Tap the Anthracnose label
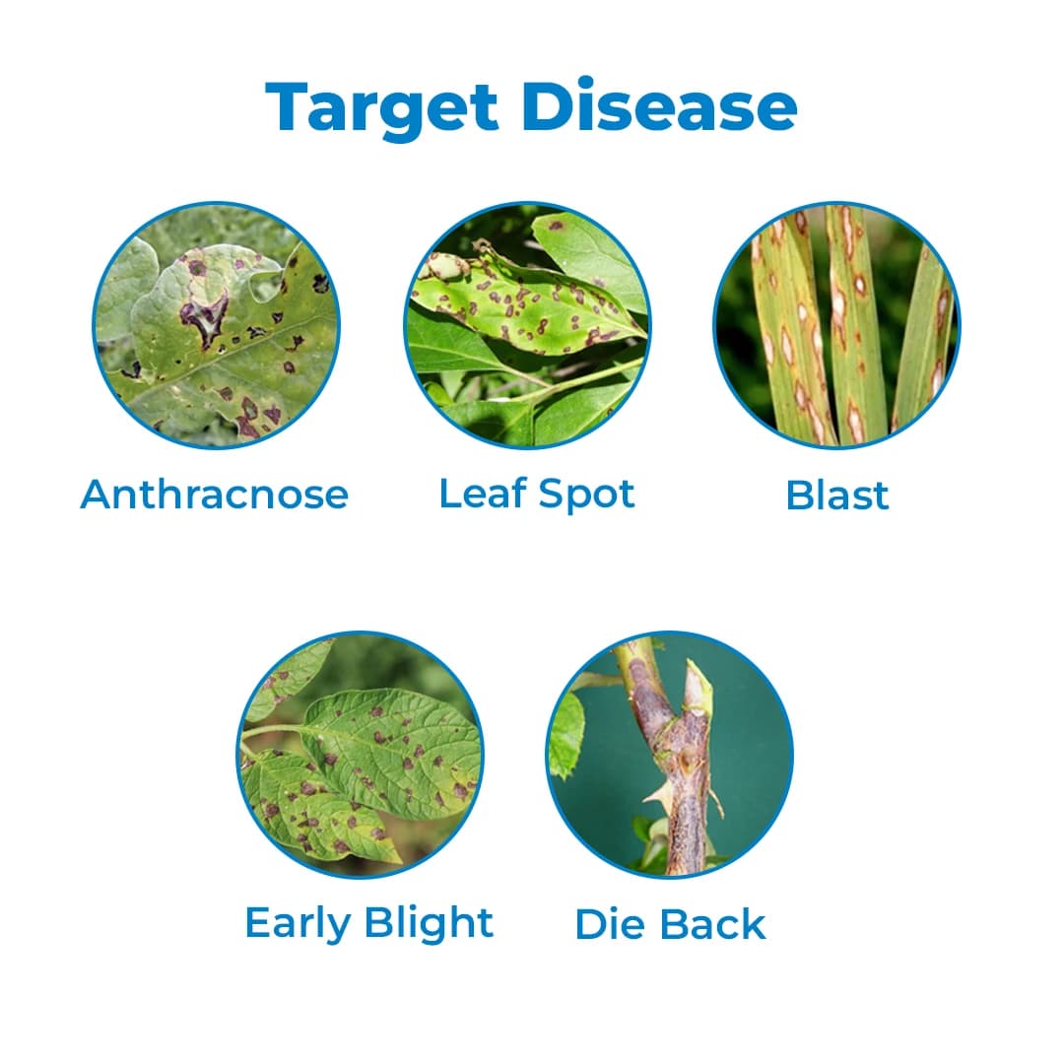[x=215, y=494]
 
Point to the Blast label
[x=836, y=496]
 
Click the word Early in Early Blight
[x=299, y=923]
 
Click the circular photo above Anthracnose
[x=216, y=326]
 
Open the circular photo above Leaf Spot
[x=527, y=326]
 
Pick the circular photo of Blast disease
[x=836, y=326]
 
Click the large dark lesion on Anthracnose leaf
[x=205, y=320]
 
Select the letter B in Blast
[x=800, y=496]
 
